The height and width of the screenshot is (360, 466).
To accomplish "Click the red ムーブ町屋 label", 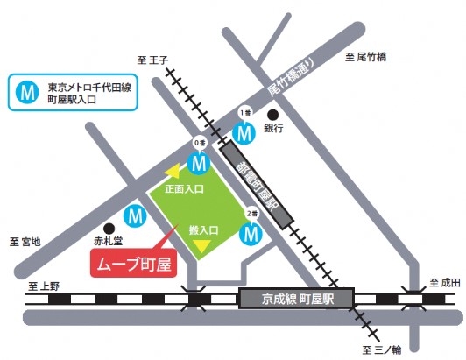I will (133, 262).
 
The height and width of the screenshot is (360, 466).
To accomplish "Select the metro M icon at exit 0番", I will (200, 162).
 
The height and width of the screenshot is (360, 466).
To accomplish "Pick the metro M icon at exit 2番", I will (252, 234).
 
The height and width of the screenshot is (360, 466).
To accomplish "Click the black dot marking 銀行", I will (272, 114).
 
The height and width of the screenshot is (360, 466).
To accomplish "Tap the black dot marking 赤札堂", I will (109, 224).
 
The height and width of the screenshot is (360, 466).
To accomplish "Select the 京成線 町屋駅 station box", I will (295, 300).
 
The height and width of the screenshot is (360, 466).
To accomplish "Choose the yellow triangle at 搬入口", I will (202, 248).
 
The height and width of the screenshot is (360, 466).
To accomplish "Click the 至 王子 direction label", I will (152, 59).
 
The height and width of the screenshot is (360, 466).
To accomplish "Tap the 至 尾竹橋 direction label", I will (365, 59).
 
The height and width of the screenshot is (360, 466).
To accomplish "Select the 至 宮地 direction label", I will (25, 240).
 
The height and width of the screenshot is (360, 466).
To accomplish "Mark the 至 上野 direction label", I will (43, 286).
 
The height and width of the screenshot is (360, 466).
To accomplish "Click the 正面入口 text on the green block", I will (185, 189).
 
